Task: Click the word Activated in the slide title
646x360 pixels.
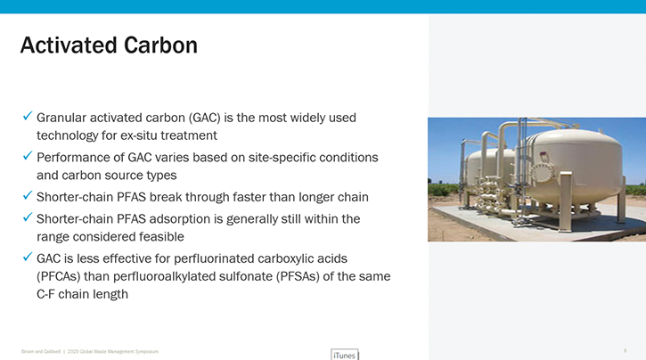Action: [x=64, y=45]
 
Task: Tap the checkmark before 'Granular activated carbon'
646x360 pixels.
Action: [x=28, y=116]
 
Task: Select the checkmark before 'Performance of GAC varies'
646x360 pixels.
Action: [x=28, y=156]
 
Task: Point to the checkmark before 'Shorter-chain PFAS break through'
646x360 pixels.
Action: [x=28, y=196]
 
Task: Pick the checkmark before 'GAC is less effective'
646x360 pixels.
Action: [x=28, y=257]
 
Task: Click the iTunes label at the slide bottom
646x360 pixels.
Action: [x=343, y=353]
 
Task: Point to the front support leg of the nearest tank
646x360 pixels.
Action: [x=621, y=205]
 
